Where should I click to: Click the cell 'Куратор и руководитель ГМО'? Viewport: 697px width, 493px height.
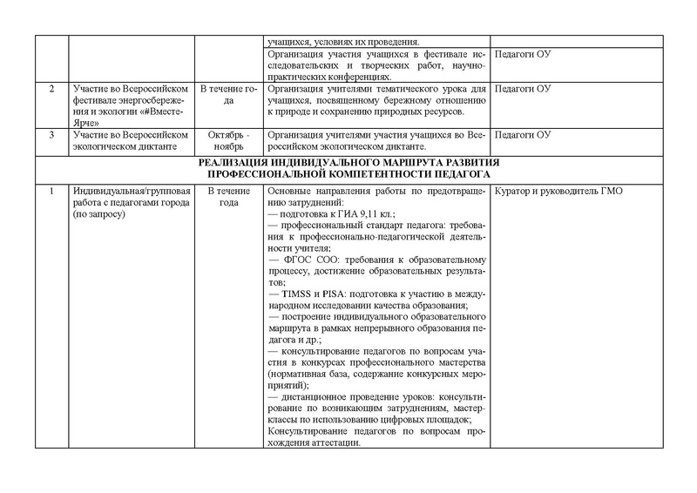point(557,192)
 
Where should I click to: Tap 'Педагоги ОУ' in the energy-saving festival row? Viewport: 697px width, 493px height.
point(522,90)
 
